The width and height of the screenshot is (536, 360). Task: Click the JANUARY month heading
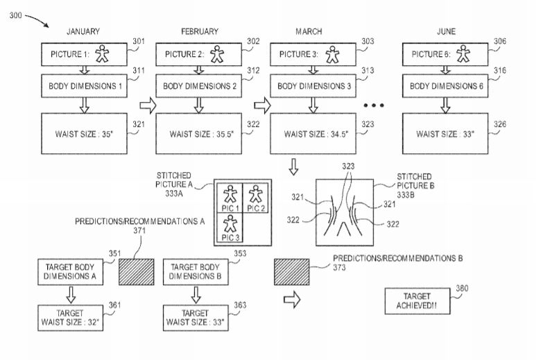(x=83, y=31)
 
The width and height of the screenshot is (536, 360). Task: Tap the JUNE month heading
(x=446, y=31)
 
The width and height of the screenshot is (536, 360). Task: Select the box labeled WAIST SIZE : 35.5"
(x=198, y=134)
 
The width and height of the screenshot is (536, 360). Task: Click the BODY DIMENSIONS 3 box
(x=313, y=86)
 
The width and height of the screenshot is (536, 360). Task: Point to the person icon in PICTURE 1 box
(x=102, y=53)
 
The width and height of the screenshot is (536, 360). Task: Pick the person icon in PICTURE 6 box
(x=463, y=53)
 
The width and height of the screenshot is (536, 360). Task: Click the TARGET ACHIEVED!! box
(x=417, y=301)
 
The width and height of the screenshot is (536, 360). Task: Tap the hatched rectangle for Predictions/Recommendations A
(x=137, y=272)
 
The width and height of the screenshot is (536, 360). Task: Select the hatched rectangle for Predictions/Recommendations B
(x=292, y=272)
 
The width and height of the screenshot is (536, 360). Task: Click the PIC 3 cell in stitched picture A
(x=230, y=228)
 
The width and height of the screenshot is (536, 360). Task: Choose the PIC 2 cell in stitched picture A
(x=255, y=198)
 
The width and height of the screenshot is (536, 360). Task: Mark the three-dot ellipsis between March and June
(x=374, y=105)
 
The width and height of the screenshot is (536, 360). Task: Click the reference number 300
(x=15, y=15)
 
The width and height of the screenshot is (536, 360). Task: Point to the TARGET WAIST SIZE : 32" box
(x=71, y=318)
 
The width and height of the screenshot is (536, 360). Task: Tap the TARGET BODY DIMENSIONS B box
(x=196, y=272)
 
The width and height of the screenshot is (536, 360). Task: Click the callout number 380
(x=462, y=288)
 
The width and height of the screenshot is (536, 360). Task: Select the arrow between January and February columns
(x=148, y=105)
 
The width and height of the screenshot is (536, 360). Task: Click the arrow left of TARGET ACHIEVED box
(x=292, y=300)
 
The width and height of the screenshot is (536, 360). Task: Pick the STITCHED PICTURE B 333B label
(x=415, y=186)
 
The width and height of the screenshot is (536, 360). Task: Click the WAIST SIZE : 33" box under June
(x=445, y=134)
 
